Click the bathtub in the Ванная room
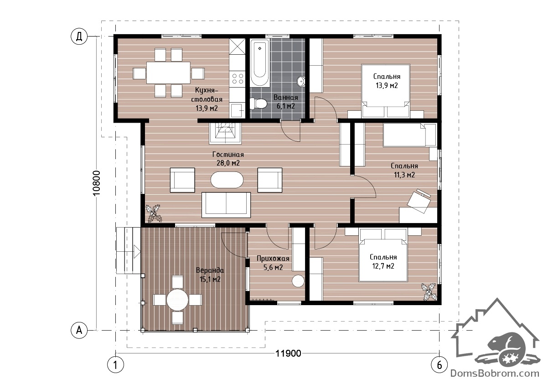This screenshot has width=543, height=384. [x=260, y=63]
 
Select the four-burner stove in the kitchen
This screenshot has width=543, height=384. [x=237, y=78]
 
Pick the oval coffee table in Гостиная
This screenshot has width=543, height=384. [x=227, y=180]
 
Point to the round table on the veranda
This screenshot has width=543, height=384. [x=177, y=299]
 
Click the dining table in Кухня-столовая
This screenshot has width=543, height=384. [x=168, y=73]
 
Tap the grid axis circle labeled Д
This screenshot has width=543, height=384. [x=79, y=36]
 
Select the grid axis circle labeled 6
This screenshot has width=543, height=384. [x=440, y=365]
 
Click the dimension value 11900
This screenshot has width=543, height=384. [x=288, y=353]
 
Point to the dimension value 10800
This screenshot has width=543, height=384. [x=97, y=183]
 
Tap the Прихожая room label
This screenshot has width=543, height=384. [x=273, y=258]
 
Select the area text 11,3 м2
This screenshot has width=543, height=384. [x=404, y=175]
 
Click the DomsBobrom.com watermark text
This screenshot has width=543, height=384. [x=495, y=374]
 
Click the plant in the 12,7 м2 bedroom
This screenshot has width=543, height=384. [x=429, y=291]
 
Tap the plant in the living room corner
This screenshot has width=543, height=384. [x=153, y=213]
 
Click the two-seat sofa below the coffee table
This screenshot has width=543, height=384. [x=226, y=205]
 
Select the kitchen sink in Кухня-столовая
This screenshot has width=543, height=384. [x=237, y=111]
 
